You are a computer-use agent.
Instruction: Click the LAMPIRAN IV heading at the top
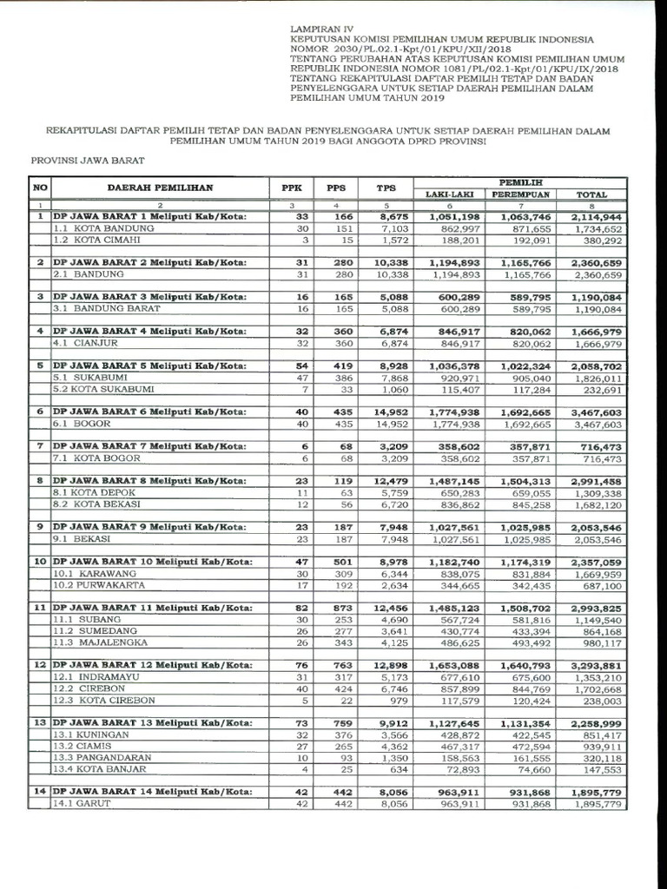(x=321, y=29)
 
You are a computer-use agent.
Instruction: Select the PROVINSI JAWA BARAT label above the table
(x=87, y=161)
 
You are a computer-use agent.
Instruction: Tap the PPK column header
(x=289, y=188)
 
